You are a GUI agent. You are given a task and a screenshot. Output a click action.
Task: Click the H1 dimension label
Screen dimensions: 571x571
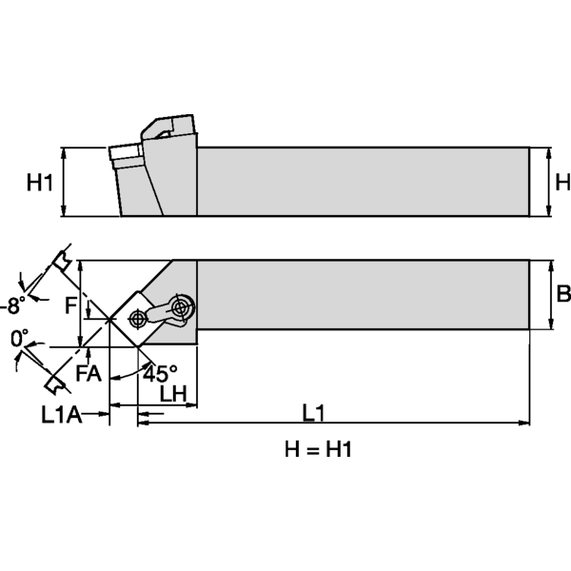tap(38, 182)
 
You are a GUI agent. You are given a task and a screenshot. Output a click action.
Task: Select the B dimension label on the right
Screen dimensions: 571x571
tap(562, 294)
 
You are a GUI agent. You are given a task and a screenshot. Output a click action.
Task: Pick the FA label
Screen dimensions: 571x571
tap(89, 373)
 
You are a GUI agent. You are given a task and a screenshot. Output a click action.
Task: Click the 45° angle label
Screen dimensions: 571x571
tap(159, 372)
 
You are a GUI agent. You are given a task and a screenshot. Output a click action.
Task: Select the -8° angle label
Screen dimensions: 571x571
tap(12, 305)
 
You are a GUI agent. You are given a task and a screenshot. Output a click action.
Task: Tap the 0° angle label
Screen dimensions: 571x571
tap(20, 339)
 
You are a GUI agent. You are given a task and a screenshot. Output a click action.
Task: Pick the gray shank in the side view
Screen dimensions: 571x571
tap(362, 182)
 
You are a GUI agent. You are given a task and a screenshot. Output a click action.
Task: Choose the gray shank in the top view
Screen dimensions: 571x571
tap(362, 294)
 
